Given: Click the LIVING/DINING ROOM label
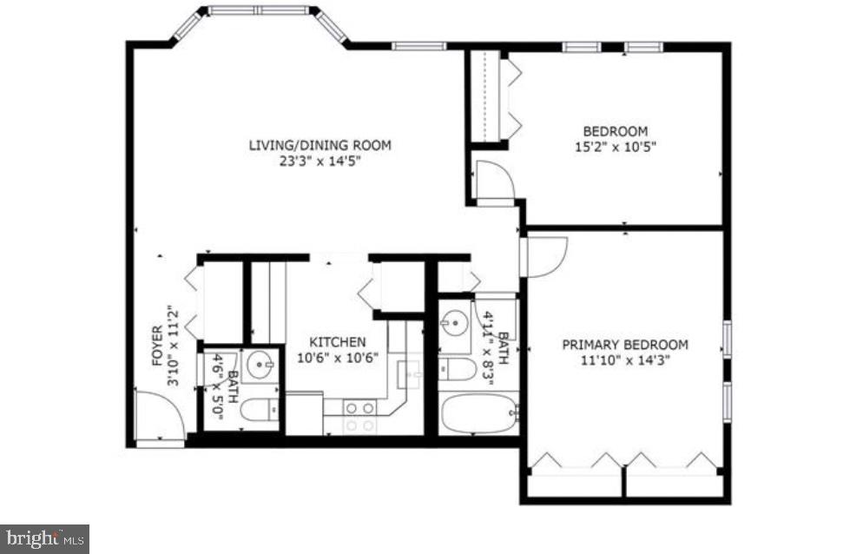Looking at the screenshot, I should (320, 145).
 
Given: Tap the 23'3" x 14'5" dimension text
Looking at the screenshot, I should (320, 161).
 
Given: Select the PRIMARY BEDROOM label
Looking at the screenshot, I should (624, 344).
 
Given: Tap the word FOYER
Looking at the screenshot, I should (157, 346).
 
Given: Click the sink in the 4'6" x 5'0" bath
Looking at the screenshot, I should (260, 366).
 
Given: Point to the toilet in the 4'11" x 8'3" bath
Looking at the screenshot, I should (457, 370).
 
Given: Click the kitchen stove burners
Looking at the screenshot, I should (359, 416).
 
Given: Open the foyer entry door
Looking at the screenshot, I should (159, 415).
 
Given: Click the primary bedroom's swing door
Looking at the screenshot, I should (544, 256).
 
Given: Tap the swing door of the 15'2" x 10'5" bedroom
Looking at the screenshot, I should (494, 181).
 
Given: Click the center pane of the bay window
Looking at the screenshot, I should (259, 11).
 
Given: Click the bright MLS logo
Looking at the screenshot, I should (44, 538).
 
